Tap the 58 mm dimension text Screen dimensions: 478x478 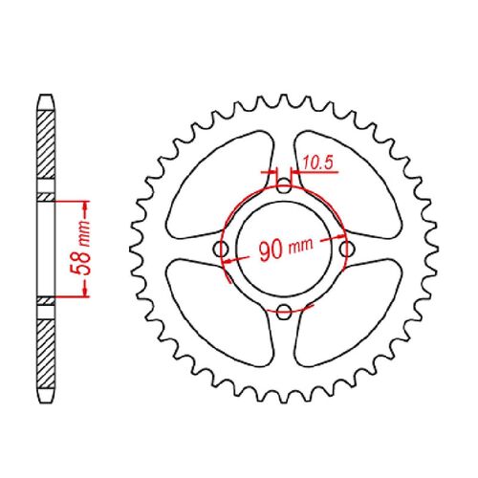click(84, 249)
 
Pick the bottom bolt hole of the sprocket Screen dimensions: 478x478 click(284, 310)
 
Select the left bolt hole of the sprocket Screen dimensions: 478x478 click(223, 250)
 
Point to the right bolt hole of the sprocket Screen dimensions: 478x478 click(345, 250)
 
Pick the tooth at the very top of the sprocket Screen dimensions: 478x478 click(284, 93)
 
